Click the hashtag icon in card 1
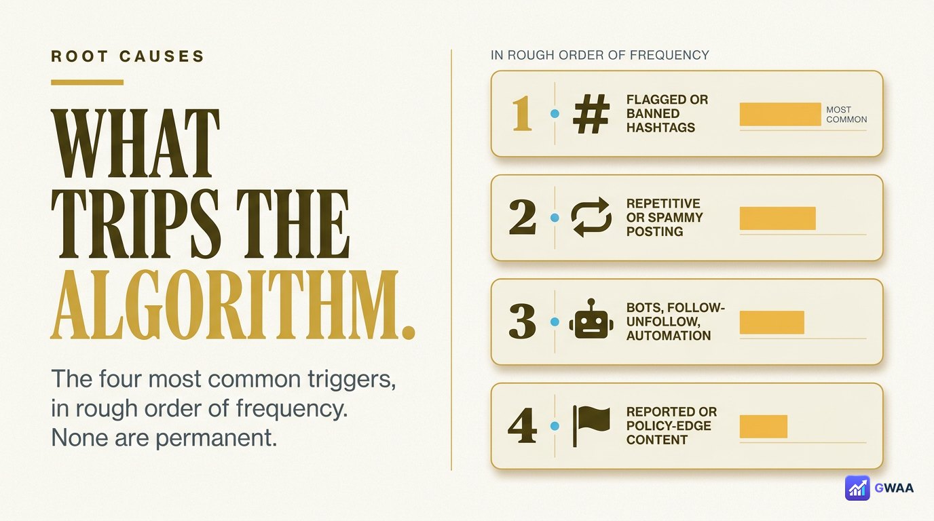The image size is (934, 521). pyautogui.click(x=591, y=113)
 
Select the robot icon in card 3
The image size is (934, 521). pyautogui.click(x=591, y=319)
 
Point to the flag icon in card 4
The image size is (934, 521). pyautogui.click(x=591, y=426)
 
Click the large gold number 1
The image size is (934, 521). pyautogui.click(x=521, y=113)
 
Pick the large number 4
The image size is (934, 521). pyautogui.click(x=523, y=425)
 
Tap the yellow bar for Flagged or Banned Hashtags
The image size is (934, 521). pyautogui.click(x=780, y=114)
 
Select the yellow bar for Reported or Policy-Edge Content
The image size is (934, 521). pyautogui.click(x=764, y=427)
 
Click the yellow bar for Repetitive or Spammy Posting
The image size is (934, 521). pyautogui.click(x=778, y=218)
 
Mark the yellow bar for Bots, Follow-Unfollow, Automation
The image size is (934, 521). pyautogui.click(x=772, y=322)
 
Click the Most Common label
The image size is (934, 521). pyautogui.click(x=846, y=115)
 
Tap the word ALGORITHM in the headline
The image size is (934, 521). pyautogui.click(x=224, y=305)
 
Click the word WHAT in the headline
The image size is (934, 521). pyautogui.click(x=135, y=143)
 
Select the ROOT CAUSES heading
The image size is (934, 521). pyautogui.click(x=128, y=56)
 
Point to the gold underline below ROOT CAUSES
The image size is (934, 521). pyautogui.click(x=87, y=82)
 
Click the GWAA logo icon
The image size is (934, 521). pyautogui.click(x=857, y=488)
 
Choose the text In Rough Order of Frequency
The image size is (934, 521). pyautogui.click(x=599, y=55)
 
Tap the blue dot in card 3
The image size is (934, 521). pyautogui.click(x=555, y=322)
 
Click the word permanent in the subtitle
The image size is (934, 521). pyautogui.click(x=217, y=438)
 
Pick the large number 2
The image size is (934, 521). pyautogui.click(x=523, y=217)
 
